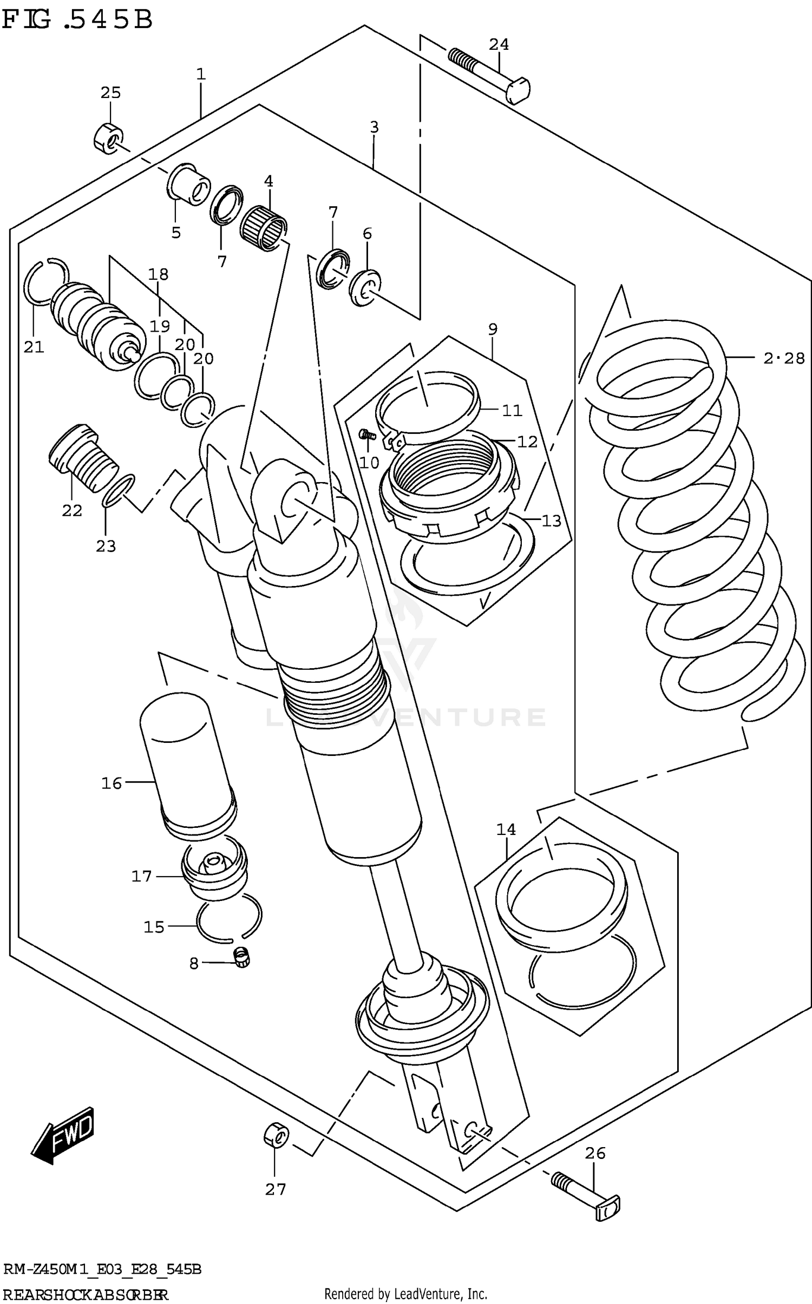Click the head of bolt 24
[x=518, y=90]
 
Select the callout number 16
[x=112, y=783]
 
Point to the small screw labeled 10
[x=367, y=433]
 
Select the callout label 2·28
[x=783, y=358]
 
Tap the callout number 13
[x=551, y=521]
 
